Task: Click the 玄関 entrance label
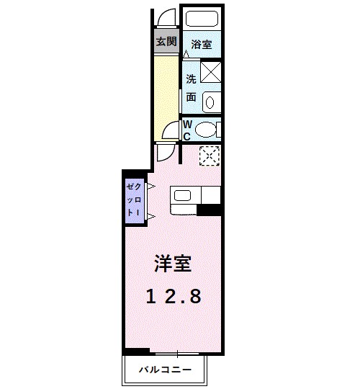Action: point(166,41)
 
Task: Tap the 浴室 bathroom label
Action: point(201,45)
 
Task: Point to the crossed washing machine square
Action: point(210,71)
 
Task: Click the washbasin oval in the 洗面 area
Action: point(210,102)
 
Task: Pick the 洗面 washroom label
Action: point(191,86)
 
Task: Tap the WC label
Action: point(186,130)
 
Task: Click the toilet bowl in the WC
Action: point(207,130)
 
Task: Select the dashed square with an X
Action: point(209,154)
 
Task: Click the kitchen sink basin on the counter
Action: point(181,195)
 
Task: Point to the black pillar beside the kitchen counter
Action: point(209,210)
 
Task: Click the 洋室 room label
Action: point(172,264)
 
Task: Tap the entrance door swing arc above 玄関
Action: point(166,19)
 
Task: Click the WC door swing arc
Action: point(170,131)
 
